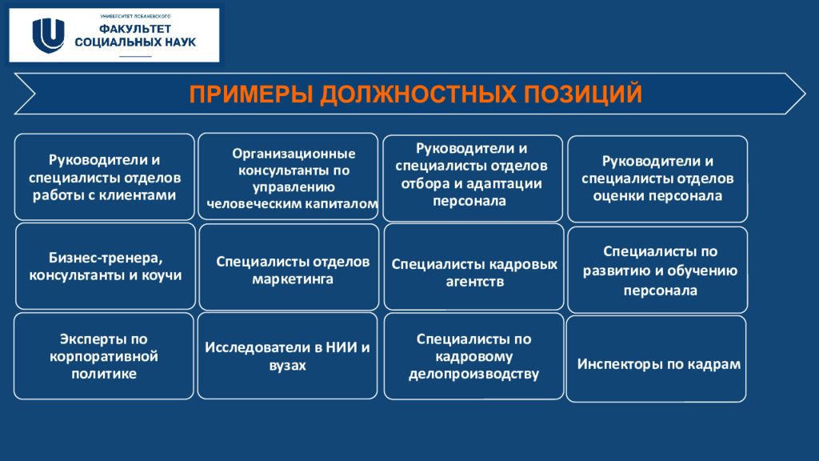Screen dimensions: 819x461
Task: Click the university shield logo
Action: (48, 35)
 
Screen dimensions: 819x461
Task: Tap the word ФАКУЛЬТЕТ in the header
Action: (135, 29)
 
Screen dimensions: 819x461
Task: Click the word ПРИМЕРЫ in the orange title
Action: (250, 94)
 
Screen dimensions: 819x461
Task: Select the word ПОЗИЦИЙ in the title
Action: (583, 94)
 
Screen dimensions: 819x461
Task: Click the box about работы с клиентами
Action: (105, 177)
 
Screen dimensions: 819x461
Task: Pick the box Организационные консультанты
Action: (288, 176)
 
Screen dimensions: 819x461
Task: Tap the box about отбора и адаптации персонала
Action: (473, 178)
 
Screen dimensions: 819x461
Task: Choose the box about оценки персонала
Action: (657, 178)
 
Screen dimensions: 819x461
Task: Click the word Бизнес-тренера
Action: (106, 258)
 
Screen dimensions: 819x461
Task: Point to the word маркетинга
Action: (293, 279)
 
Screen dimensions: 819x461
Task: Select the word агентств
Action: (475, 282)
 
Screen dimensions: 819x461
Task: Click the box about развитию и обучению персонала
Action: (657, 270)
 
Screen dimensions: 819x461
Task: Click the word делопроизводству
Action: (473, 375)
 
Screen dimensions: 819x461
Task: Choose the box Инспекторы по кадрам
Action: (656, 359)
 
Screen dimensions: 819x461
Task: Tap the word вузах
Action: (287, 365)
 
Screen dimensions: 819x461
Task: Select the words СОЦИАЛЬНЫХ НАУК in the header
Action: (135, 42)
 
